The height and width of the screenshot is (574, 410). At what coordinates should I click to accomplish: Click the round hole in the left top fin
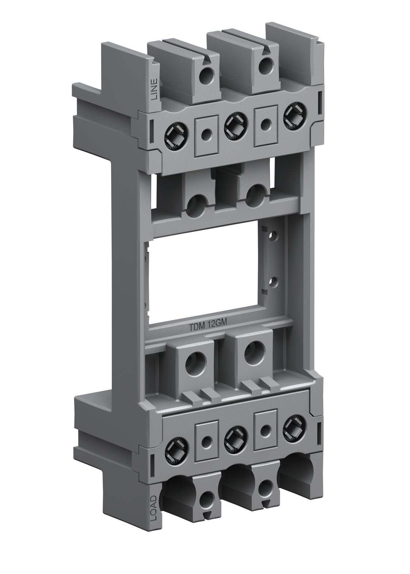[208, 76]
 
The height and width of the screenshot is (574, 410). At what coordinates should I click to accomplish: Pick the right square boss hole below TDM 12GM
[252, 353]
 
